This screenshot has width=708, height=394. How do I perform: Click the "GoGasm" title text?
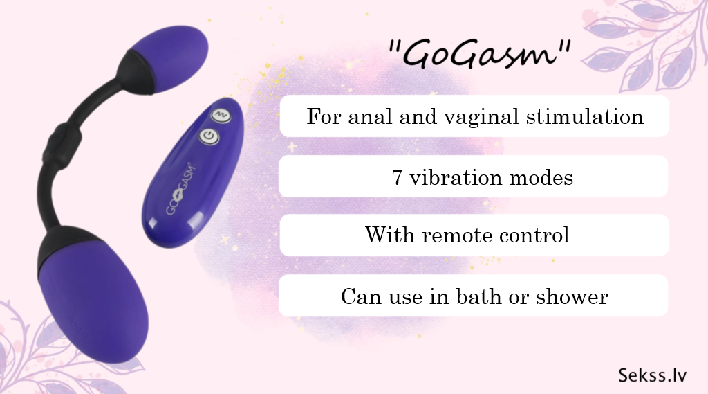click(x=480, y=54)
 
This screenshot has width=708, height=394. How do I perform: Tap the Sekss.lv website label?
click(x=653, y=375)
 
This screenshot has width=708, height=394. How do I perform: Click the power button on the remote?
click(x=209, y=136)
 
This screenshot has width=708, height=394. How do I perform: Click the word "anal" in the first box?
click(x=370, y=117)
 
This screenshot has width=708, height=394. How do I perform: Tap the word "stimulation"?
click(x=585, y=117)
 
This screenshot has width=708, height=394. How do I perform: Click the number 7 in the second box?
click(x=397, y=177)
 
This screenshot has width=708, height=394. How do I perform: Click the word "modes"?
click(x=541, y=177)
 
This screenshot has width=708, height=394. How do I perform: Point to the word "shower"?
click(x=572, y=296)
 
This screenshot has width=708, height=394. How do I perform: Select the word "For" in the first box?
click(x=324, y=117)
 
